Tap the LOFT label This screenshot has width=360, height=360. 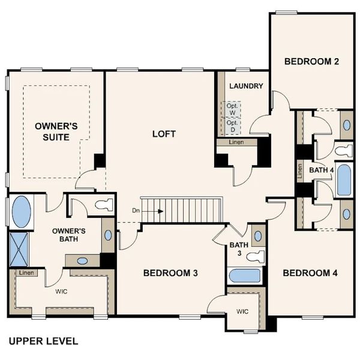coord(164,134)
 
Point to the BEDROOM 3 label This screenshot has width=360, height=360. coord(170,273)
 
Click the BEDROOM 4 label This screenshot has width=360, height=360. coord(310,273)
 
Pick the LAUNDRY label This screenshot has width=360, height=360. coord(246,86)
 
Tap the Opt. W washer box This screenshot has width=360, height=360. coord(233,109)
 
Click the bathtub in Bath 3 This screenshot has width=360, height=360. coord(245,277)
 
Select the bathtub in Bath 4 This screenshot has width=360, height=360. coord(344,180)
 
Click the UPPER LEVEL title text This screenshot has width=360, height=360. coord(43,341)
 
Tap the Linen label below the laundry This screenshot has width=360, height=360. coord(237,142)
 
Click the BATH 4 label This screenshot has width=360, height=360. coord(322,170)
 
